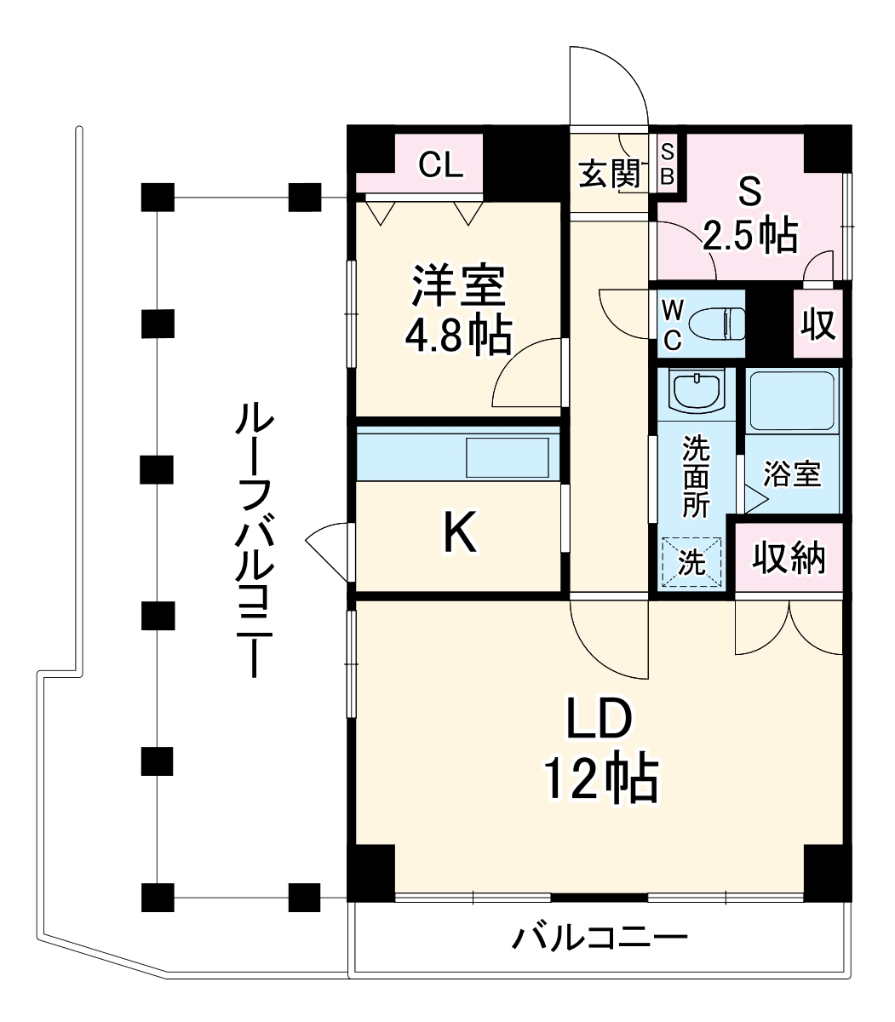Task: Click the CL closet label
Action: coord(440,164)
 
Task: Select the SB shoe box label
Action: coord(668,164)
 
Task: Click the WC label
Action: coord(672,324)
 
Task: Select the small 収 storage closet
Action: coord(818,324)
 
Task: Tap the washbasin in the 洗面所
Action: coord(696,392)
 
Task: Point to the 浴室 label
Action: coord(792,474)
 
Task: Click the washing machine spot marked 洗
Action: coord(691,562)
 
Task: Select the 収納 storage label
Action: coord(789,558)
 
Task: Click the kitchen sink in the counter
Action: coord(507,457)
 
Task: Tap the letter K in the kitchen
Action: coord(460,535)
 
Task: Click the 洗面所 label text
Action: coord(696,476)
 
